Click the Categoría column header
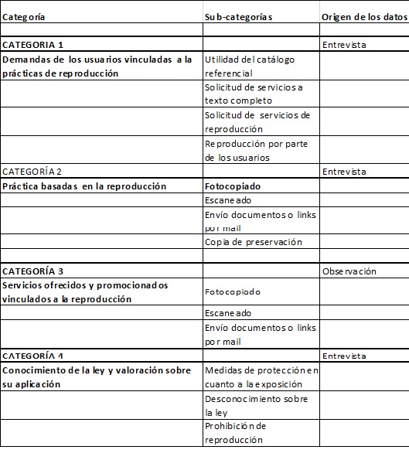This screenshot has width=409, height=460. click(24, 16)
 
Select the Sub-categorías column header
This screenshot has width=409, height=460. click(239, 16)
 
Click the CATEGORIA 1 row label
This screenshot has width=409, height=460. click(33, 45)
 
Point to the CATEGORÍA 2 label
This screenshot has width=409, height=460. click(32, 172)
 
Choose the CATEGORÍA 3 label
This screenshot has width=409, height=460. click(33, 271)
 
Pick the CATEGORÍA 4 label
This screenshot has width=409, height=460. click(33, 356)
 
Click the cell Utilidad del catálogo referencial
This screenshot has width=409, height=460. click(250, 66)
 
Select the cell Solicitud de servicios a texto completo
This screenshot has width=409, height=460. click(254, 94)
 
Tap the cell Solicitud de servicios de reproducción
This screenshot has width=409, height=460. click(257, 122)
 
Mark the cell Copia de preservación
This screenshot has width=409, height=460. click(254, 242)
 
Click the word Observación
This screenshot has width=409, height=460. click(349, 271)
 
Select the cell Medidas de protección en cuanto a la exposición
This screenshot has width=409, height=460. click(261, 377)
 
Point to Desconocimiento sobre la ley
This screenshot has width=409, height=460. click(256, 405)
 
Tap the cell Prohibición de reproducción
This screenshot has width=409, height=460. click(236, 433)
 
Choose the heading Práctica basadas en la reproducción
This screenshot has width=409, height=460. click(84, 186)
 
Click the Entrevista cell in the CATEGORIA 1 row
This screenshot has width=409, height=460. click(344, 45)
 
